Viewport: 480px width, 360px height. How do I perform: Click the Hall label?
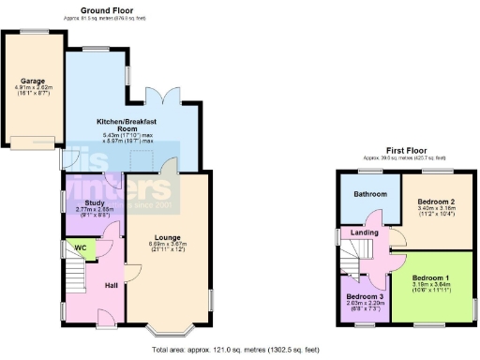(x=111, y=285)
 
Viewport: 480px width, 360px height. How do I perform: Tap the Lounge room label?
(x=169, y=237)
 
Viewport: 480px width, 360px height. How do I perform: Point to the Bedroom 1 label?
(x=432, y=278)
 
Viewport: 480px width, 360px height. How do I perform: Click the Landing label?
(x=363, y=233)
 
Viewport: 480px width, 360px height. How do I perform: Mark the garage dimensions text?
(x=32, y=93)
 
